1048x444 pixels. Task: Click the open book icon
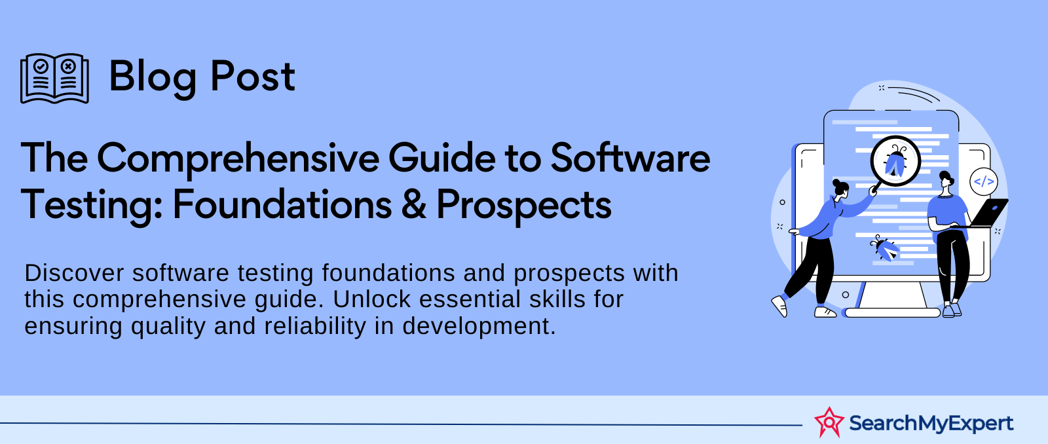click(x=54, y=78)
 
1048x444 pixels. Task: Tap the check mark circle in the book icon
click(x=41, y=66)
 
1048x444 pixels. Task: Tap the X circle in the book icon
click(x=68, y=66)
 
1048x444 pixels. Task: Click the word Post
click(x=253, y=76)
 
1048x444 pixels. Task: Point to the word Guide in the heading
click(x=441, y=158)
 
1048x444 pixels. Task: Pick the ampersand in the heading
click(x=413, y=204)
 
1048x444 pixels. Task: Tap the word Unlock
click(x=372, y=299)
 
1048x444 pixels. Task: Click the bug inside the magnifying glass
click(x=895, y=162)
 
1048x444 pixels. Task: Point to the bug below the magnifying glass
click(x=884, y=248)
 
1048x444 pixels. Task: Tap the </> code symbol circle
click(x=983, y=181)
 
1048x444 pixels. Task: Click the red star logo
click(x=829, y=422)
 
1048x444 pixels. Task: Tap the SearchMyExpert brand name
click(x=931, y=424)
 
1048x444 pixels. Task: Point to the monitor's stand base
click(x=891, y=312)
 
